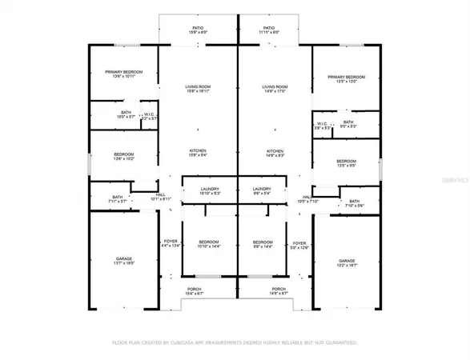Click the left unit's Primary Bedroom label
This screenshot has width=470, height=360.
[x=124, y=73]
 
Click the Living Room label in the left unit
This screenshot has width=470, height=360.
[x=198, y=89]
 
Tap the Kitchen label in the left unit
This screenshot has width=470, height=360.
[x=198, y=151]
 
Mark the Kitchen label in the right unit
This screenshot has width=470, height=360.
[x=275, y=151]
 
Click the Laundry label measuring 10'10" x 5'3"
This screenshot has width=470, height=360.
[x=210, y=191]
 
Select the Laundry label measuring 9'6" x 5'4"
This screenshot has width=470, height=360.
[x=262, y=191]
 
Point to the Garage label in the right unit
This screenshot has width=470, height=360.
[x=346, y=261]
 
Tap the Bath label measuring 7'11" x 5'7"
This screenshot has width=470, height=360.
[x=117, y=197]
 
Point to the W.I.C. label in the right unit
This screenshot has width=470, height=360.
[x=321, y=125]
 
